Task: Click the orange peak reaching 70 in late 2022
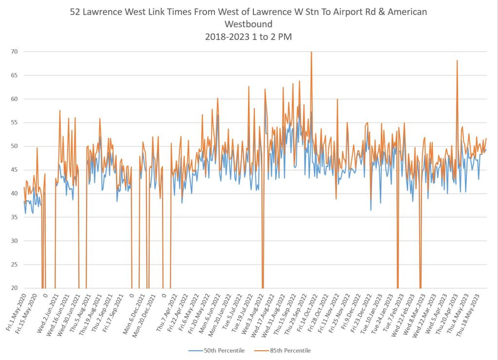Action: (311, 53)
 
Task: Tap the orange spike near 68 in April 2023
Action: (457, 61)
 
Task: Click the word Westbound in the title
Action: (249, 24)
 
